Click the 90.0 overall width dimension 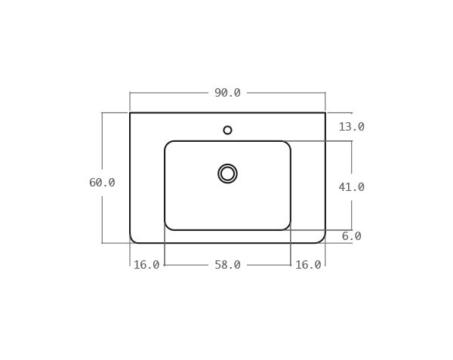tap(227, 93)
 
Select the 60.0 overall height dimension tap(102, 183)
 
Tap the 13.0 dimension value tap(351, 127)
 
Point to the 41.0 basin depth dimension tap(351, 187)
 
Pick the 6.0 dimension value tap(351, 236)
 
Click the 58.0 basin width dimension tap(227, 265)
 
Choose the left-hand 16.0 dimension tap(146, 265)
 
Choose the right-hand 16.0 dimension tap(308, 265)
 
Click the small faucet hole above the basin tap(227, 130)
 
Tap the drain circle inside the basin tap(227, 174)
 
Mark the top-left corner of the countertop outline tap(130, 112)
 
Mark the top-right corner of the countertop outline tap(325, 112)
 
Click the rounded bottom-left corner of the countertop tap(133, 240)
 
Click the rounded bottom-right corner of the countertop tap(322, 240)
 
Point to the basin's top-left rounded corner tap(168, 144)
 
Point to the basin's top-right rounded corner tap(288, 144)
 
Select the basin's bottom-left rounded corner tap(168, 227)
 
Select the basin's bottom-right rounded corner tap(288, 227)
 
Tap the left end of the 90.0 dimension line tap(130, 93)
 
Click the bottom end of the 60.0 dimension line tap(102, 243)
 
